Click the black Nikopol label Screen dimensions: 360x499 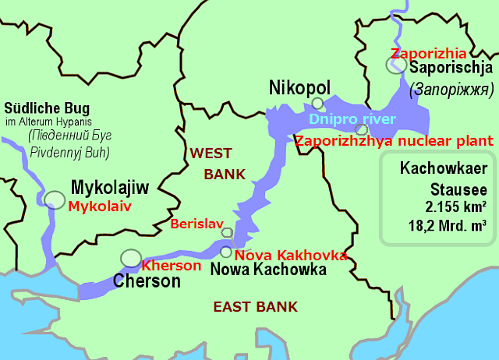[299, 86]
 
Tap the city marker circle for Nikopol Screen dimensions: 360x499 [317, 103]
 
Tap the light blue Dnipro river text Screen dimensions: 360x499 [352, 119]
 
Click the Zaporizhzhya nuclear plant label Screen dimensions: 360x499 [394, 141]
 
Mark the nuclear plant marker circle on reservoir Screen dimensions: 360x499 [360, 129]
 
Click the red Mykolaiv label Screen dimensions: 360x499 [99, 206]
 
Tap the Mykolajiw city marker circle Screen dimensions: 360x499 [55, 200]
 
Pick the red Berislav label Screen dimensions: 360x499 [195, 226]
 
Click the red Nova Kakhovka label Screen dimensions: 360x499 [290, 256]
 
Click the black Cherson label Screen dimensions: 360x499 [147, 281]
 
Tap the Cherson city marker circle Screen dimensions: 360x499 [131, 257]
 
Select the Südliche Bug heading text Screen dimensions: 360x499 [47, 108]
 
